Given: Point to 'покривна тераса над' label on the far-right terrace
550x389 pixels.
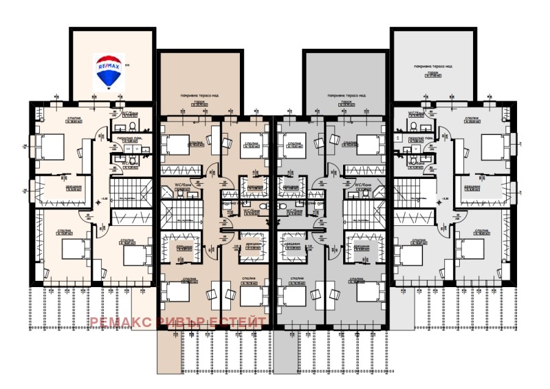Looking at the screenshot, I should coord(432,67).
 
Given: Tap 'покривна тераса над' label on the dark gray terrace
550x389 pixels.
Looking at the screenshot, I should coord(345,94).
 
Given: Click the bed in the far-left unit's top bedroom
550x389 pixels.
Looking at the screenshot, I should coord(47,146).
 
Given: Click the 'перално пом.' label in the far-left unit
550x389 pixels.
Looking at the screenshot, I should coord(127,138).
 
